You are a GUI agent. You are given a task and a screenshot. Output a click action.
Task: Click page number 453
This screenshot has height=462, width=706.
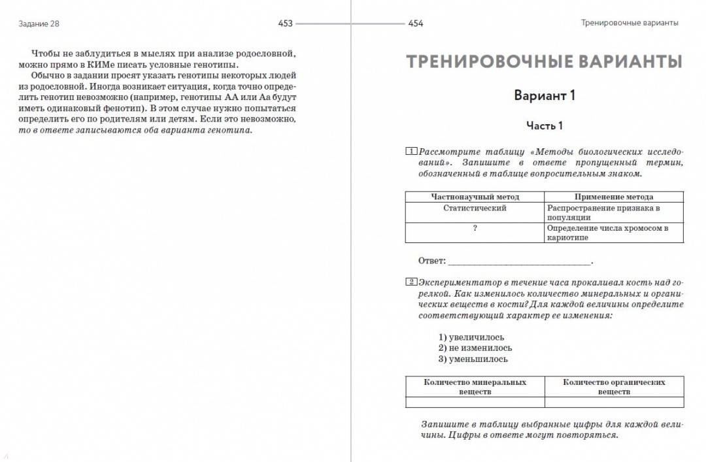pos(285,24)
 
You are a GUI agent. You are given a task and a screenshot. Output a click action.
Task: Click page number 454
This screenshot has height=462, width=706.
pos(416,24)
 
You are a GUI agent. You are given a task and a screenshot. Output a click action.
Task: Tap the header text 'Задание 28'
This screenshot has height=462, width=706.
pos(40,24)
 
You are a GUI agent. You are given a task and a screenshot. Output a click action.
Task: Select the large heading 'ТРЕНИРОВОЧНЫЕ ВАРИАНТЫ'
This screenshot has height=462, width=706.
pos(544,61)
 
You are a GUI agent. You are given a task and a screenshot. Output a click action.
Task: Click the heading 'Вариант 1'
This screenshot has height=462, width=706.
pos(544,95)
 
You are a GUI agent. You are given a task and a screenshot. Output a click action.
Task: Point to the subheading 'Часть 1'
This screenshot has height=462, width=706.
pos(544,125)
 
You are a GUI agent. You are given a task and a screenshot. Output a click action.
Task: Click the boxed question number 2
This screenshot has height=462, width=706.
pos(411,282)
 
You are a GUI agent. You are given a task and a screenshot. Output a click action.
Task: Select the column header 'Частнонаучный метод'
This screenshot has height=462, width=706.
pos(475,197)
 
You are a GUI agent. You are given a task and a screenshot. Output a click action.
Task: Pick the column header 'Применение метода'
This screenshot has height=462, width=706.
pos(613,197)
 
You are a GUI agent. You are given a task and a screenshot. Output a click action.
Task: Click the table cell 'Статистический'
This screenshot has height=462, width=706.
pos(475,208)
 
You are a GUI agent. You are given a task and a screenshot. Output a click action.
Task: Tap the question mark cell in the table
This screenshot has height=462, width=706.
pos(475,228)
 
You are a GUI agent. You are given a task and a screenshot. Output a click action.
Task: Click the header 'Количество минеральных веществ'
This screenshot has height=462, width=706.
pos(475,387)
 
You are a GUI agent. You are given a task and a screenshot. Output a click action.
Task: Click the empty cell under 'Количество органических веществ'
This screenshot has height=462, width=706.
pos(614,402)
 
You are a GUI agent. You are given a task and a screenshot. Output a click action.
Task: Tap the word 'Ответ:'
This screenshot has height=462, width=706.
pos(432,261)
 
